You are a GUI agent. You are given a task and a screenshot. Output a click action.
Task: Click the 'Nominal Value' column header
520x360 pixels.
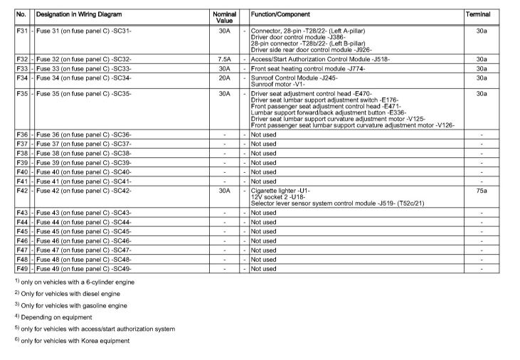tap(224, 17)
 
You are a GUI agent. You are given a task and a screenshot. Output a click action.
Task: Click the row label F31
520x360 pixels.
tap(21, 31)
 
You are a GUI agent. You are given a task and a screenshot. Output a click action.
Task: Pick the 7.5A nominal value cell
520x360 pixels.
tap(224, 59)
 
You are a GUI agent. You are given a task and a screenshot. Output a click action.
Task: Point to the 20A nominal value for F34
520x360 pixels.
tap(224, 78)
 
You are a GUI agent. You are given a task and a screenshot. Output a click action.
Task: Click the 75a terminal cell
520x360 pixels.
tap(482, 190)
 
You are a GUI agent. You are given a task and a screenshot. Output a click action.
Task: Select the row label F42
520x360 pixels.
tap(21, 190)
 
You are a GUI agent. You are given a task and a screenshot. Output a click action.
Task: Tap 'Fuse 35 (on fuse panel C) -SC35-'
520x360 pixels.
tap(84, 92)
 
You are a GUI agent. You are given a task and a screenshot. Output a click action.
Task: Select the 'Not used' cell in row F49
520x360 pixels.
tap(263, 268)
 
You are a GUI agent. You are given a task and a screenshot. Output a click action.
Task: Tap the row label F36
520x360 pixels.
tap(21, 134)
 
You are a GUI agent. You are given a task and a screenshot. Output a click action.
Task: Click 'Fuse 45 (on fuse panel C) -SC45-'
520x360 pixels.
tap(84, 231)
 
